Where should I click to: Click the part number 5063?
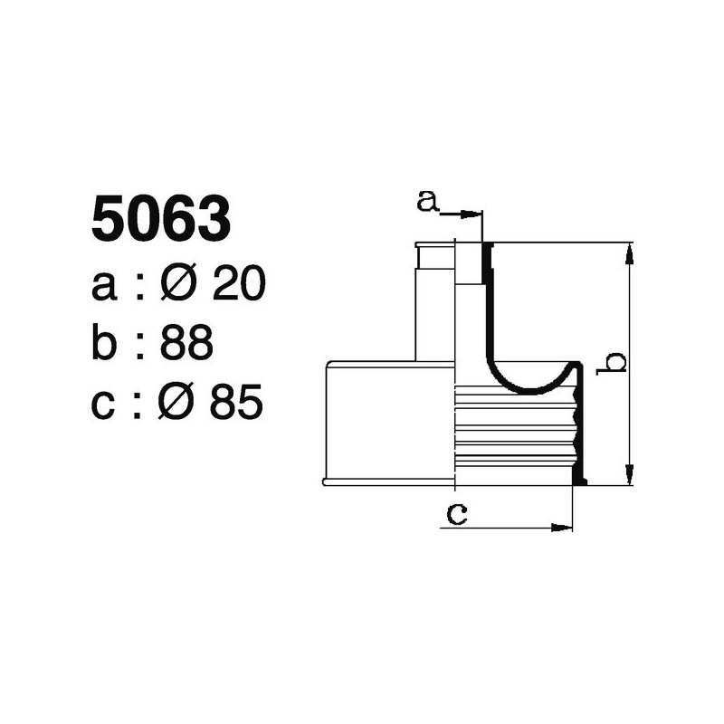(x=161, y=219)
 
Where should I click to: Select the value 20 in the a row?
(x=238, y=286)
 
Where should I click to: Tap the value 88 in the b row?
(x=186, y=344)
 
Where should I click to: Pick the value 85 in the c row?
(x=236, y=403)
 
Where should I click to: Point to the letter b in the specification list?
(x=104, y=344)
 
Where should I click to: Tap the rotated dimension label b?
(x=615, y=362)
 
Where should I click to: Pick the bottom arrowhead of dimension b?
(x=629, y=476)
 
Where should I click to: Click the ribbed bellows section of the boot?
(x=516, y=430)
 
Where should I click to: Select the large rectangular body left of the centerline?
(x=389, y=421)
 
